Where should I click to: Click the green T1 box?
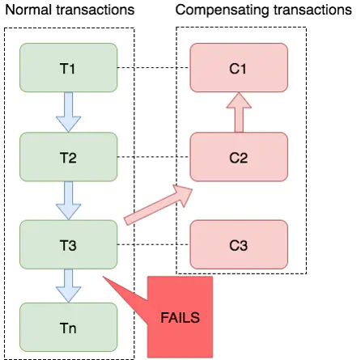[x=69, y=68]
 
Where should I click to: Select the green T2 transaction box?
[x=69, y=157]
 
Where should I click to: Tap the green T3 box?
[x=69, y=244]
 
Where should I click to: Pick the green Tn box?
[x=69, y=327]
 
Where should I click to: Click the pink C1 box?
[x=239, y=68]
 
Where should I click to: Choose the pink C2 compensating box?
[x=239, y=157]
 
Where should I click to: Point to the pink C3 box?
[x=239, y=244]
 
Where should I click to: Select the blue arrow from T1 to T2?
[x=69, y=112]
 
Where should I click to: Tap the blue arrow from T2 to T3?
[x=69, y=201]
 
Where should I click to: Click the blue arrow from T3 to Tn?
[x=69, y=286]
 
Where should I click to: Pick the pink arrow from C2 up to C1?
[x=239, y=112]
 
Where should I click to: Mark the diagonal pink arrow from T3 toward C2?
[x=158, y=205]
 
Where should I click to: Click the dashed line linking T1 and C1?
[x=154, y=68]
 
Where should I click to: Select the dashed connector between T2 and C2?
[x=154, y=157]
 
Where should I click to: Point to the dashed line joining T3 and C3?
[x=154, y=244]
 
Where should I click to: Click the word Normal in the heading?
[x=29, y=10]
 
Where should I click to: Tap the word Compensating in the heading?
[x=223, y=11]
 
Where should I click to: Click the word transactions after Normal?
[x=96, y=10]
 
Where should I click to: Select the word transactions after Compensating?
[x=313, y=10]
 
